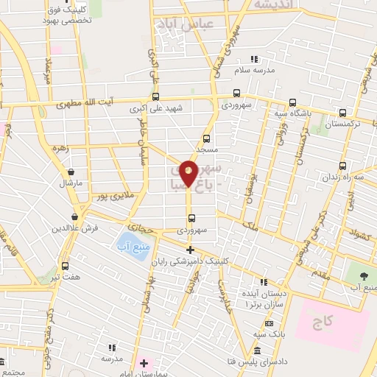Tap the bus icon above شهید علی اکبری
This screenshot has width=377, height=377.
pos(155,96)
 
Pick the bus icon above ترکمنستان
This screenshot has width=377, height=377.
pos(342,113)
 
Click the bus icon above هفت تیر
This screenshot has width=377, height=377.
pos(65,265)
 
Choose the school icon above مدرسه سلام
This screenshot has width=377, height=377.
pos(254,59)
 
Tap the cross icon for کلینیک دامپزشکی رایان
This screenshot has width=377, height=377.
pos(190,250)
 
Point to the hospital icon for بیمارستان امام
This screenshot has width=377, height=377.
pos(144,364)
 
